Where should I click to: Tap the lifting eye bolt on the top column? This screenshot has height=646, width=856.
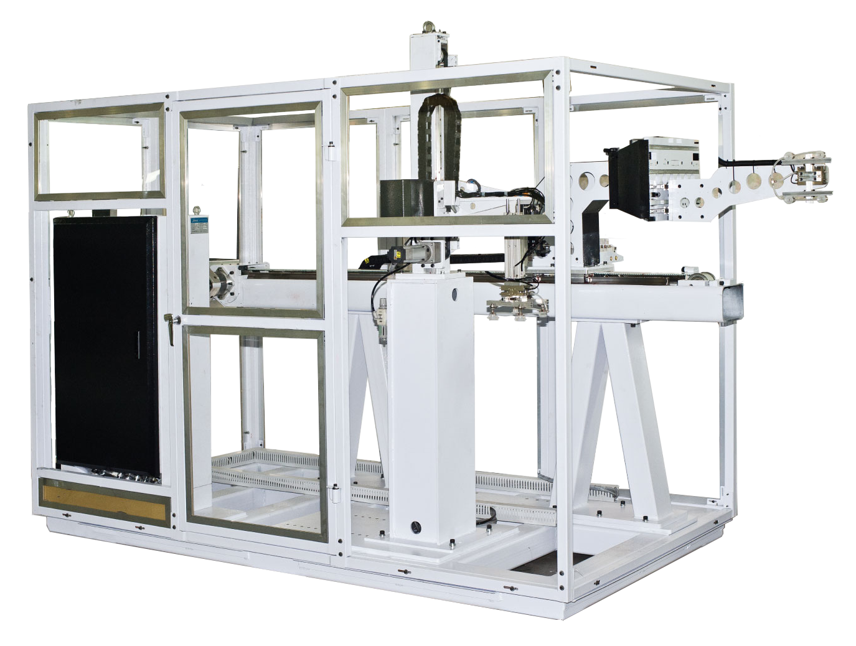tap(428, 27)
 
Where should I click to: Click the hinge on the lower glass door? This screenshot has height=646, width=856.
tap(336, 495)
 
